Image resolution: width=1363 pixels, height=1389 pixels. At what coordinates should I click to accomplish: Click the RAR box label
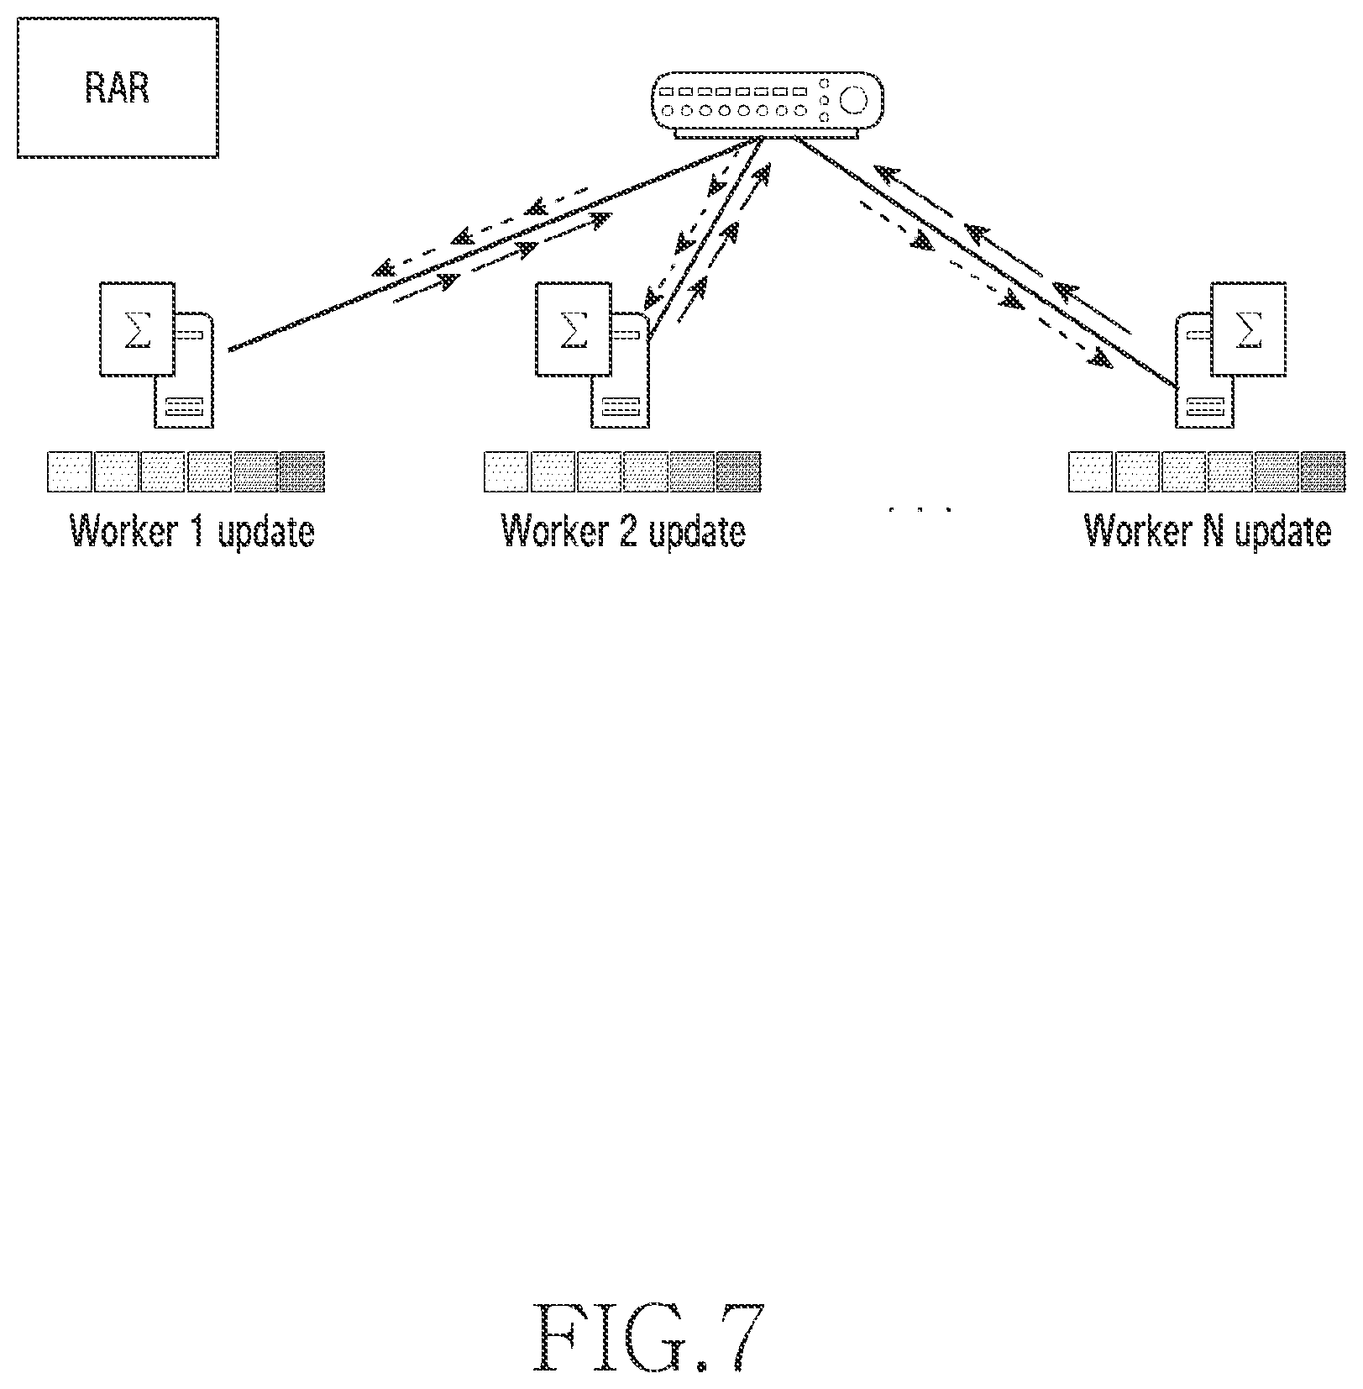[x=118, y=87]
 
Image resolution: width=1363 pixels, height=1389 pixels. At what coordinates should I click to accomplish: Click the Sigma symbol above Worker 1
[x=138, y=329]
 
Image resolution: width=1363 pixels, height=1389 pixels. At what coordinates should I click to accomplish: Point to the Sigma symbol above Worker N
[x=1249, y=329]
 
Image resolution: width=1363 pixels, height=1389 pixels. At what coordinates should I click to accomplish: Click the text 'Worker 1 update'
[x=192, y=531]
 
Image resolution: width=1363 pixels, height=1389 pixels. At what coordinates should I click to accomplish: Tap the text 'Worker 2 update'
[x=623, y=531]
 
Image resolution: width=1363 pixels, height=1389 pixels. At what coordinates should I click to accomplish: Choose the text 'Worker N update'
[x=1208, y=531]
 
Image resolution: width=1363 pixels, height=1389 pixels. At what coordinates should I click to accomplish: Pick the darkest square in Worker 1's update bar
[x=301, y=471]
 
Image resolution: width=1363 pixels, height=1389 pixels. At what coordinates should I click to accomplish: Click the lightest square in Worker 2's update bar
[x=506, y=471]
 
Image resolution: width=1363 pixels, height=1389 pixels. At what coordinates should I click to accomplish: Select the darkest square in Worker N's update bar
[x=1322, y=471]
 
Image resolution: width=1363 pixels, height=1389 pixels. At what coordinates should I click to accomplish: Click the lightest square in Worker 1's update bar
[x=70, y=471]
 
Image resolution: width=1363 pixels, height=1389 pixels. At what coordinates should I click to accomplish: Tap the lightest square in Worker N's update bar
[x=1090, y=471]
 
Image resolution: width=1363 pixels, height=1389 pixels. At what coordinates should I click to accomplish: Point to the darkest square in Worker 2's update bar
[x=738, y=471]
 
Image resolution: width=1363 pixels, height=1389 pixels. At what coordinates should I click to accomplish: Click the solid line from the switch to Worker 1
[x=492, y=245]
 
